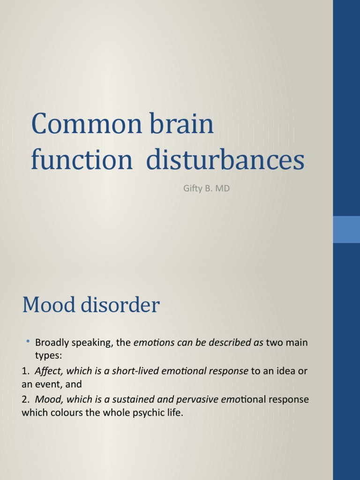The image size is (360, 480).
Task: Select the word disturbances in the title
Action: pyautogui.click(x=225, y=160)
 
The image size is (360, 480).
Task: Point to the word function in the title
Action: pyautogui.click(x=82, y=160)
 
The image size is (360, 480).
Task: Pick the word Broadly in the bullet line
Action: pyautogui.click(x=53, y=343)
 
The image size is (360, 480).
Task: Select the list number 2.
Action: pyautogui.click(x=25, y=399)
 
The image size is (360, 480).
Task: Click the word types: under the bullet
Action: pyautogui.click(x=48, y=355)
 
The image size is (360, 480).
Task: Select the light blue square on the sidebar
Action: pyautogui.click(x=346, y=229)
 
